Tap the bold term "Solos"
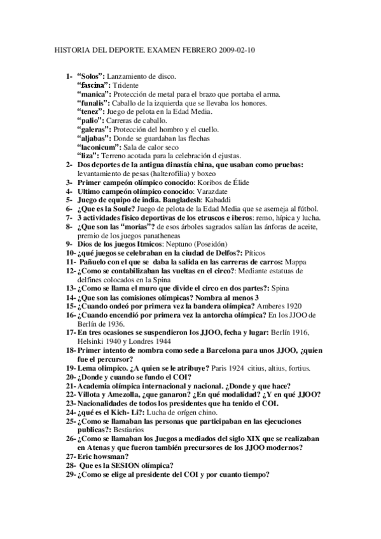pos(90,76)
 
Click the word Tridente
pos(127,85)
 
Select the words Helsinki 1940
pos(97,341)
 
